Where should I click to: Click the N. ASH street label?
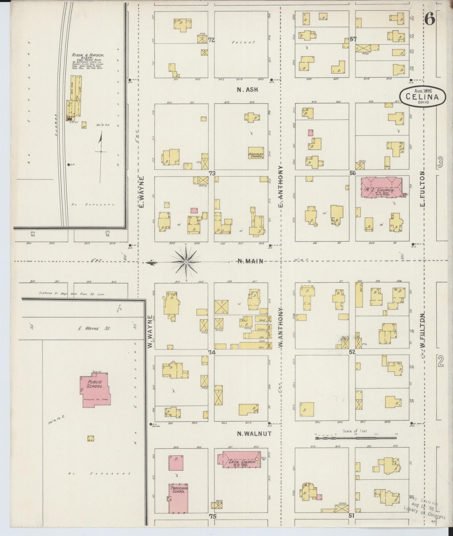pyautogui.click(x=247, y=90)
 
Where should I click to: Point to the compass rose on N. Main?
pyautogui.click(x=186, y=261)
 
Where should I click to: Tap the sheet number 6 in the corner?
pyautogui.click(x=430, y=20)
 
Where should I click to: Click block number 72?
pyautogui.click(x=212, y=40)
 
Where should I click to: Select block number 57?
pyautogui.click(x=354, y=39)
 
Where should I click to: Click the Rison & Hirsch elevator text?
pyautogui.click(x=88, y=55)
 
